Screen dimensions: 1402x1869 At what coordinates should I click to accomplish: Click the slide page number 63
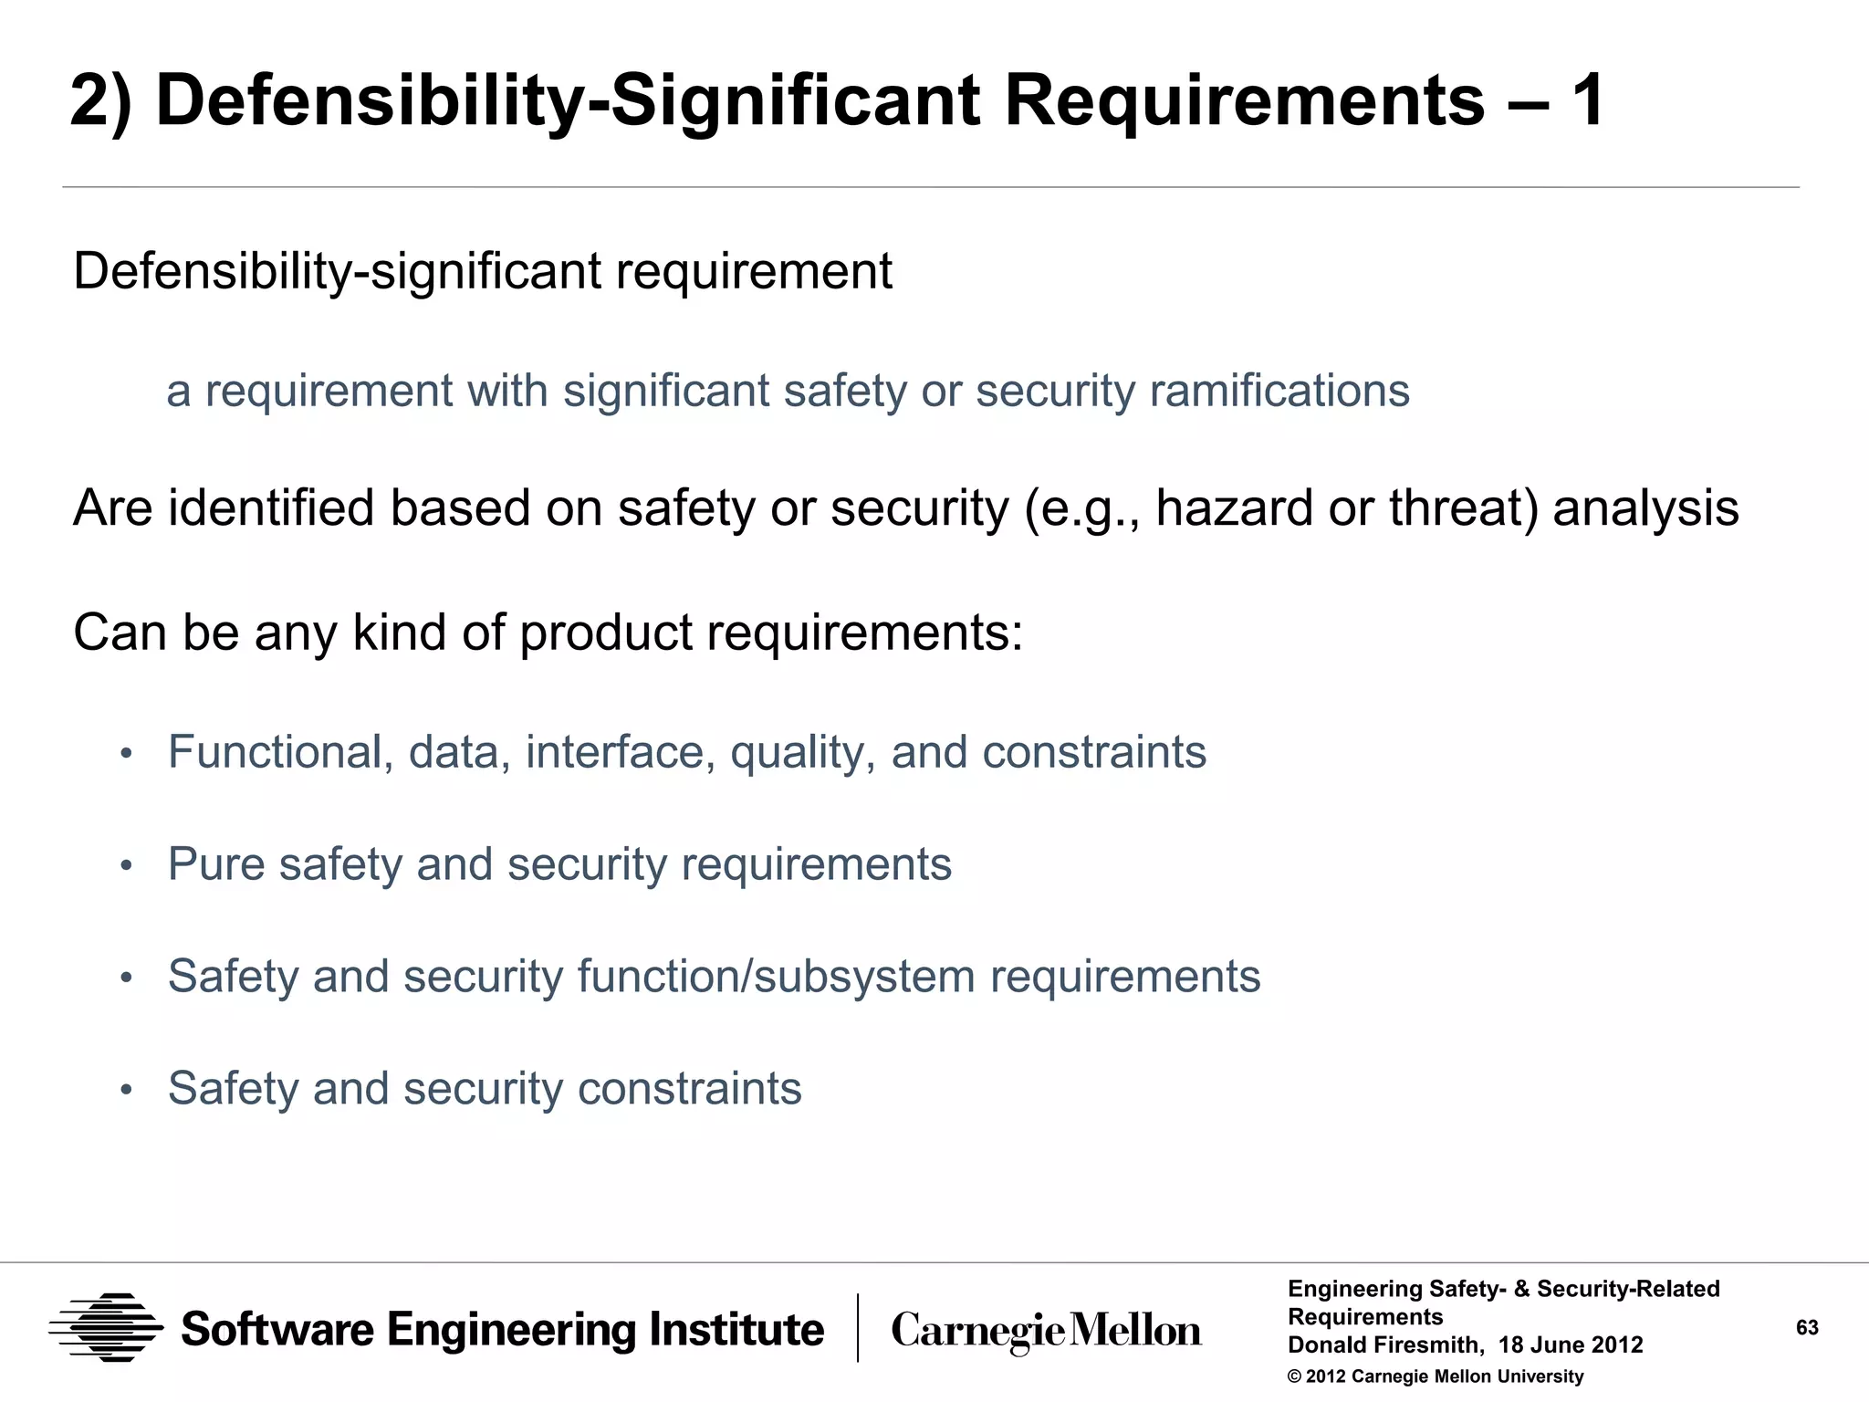pyautogui.click(x=1807, y=1327)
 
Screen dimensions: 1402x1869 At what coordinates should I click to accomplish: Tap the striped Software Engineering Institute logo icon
pyautogui.click(x=107, y=1328)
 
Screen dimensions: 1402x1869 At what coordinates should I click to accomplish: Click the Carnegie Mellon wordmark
pyautogui.click(x=1046, y=1331)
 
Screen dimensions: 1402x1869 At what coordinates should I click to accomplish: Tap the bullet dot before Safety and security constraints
pyautogui.click(x=127, y=1090)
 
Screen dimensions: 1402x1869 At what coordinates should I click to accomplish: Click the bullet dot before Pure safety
pyautogui.click(x=127, y=865)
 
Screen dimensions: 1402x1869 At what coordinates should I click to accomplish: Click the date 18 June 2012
pyautogui.click(x=1571, y=1345)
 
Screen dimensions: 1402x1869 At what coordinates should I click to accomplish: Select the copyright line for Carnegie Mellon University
pyautogui.click(x=1436, y=1376)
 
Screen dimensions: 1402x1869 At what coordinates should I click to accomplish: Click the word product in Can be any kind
pyautogui.click(x=606, y=632)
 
